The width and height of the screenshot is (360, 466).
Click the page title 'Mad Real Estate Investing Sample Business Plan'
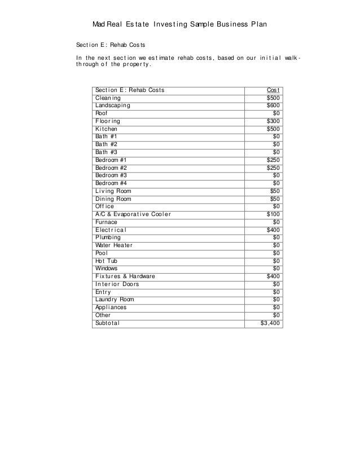[179, 25]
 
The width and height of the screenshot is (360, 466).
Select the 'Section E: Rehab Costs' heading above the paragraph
[110, 45]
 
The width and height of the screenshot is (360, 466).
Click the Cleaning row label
[108, 98]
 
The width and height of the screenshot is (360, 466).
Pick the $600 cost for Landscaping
[273, 105]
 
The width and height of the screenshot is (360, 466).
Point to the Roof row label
[103, 113]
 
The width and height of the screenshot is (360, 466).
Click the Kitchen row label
[107, 129]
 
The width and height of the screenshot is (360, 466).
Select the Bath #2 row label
[107, 144]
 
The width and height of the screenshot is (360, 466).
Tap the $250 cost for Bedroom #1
[273, 160]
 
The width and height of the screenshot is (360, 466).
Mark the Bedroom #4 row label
[111, 183]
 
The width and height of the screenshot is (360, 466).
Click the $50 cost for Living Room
[275, 191]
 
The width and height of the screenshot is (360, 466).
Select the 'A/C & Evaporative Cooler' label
[133, 214]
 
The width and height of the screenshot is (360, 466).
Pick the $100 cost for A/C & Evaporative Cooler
[273, 214]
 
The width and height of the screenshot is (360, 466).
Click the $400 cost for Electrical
[273, 230]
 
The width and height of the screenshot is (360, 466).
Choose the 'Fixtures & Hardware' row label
[125, 276]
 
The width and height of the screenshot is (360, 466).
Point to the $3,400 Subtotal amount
[270, 323]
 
